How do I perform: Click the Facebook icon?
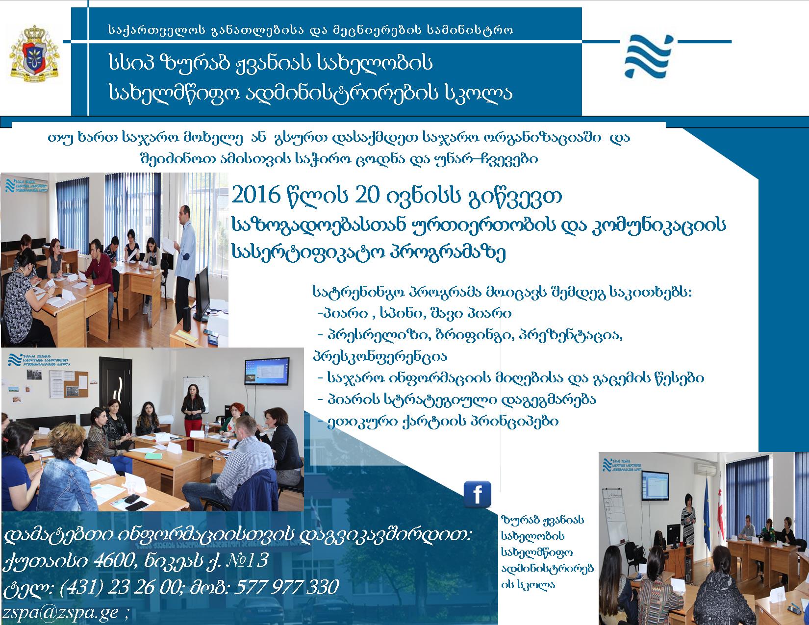pos(477,494)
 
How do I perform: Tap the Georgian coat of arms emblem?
pos(35,53)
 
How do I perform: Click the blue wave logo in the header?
pos(649,56)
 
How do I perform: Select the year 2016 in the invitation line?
pos(255,195)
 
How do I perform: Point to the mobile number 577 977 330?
pos(287,587)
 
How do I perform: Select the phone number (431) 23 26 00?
pos(120,587)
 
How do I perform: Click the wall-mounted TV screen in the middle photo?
pos(267,372)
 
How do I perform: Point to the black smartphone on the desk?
pos(137,505)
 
